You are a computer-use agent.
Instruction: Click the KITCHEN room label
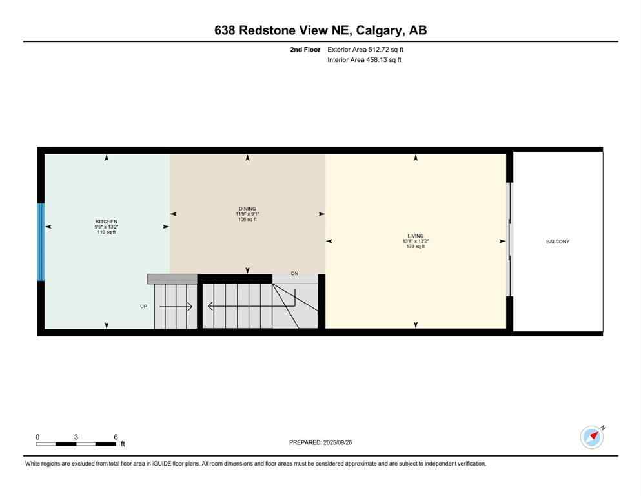(x=107, y=222)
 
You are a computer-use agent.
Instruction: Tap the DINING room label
(x=247, y=209)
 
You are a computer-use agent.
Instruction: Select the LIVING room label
(x=416, y=236)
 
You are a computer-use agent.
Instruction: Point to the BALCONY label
(x=558, y=242)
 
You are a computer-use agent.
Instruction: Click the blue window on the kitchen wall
(x=41, y=242)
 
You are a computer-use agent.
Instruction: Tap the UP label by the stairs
(x=143, y=306)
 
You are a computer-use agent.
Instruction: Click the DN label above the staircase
(x=294, y=274)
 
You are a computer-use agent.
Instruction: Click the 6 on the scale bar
(x=116, y=437)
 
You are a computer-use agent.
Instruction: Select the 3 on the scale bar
(x=76, y=437)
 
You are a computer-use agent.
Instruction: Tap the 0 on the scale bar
(x=37, y=437)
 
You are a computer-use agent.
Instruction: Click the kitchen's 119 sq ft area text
(x=107, y=232)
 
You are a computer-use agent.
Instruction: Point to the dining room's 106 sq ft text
(x=247, y=219)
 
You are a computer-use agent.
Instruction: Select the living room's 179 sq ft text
(x=416, y=246)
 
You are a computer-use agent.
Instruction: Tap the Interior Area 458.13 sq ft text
(x=365, y=60)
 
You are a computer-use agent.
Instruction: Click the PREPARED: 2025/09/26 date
(x=321, y=442)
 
